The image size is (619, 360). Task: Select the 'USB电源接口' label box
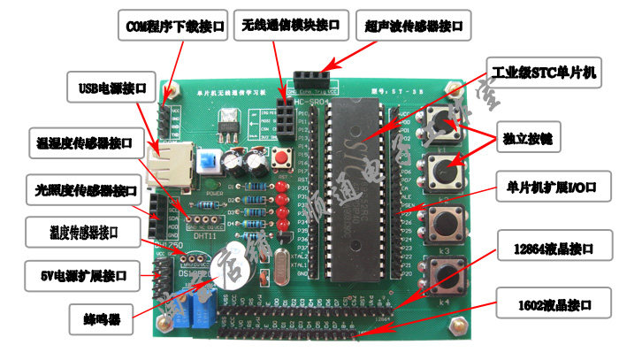[x=111, y=88]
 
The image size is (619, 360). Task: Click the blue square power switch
[x=210, y=162]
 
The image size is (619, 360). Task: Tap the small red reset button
[x=286, y=161]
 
